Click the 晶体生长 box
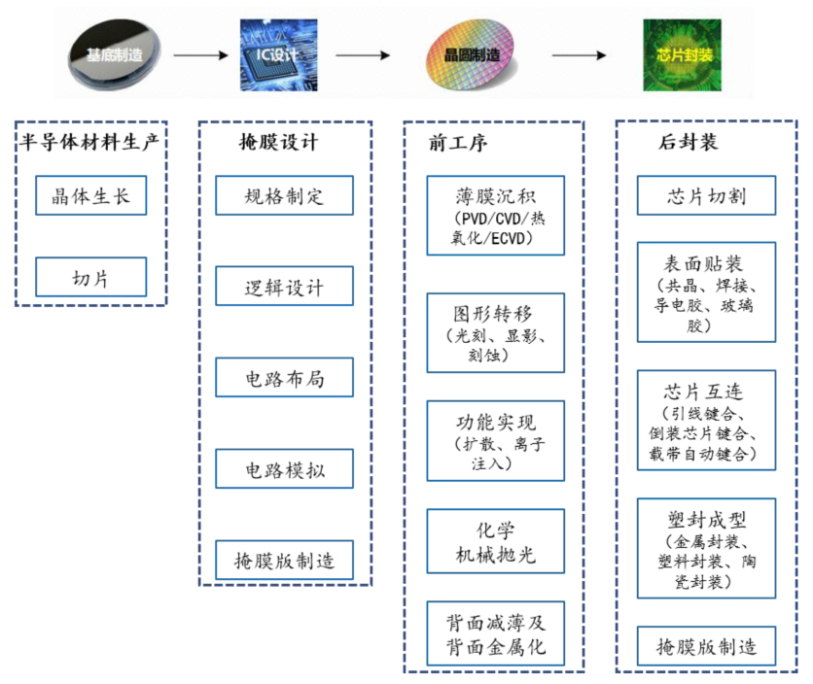tap(90, 196)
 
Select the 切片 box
tap(90, 277)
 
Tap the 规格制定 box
tap(284, 196)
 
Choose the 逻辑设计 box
tap(284, 287)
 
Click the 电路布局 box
tap(284, 378)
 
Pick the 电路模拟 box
tap(284, 469)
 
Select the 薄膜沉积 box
tap(494, 215)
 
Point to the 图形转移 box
tap(494, 333)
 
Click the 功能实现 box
tap(494, 441)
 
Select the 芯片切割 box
tap(706, 195)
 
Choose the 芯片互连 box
tap(706, 421)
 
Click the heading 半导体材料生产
tap(90, 143)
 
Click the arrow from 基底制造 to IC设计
tap(199, 55)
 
